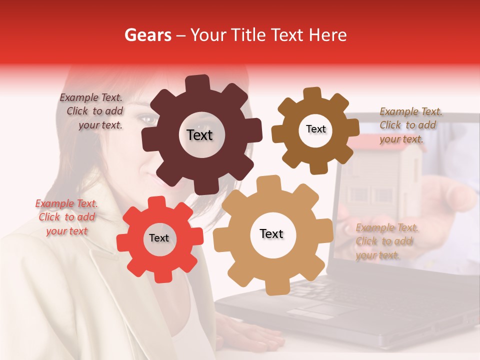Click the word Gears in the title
(147, 35)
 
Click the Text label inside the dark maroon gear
(199, 135)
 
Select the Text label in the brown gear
(315, 129)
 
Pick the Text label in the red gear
(159, 238)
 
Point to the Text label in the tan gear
(271, 233)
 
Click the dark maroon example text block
(92, 111)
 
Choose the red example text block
(66, 217)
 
